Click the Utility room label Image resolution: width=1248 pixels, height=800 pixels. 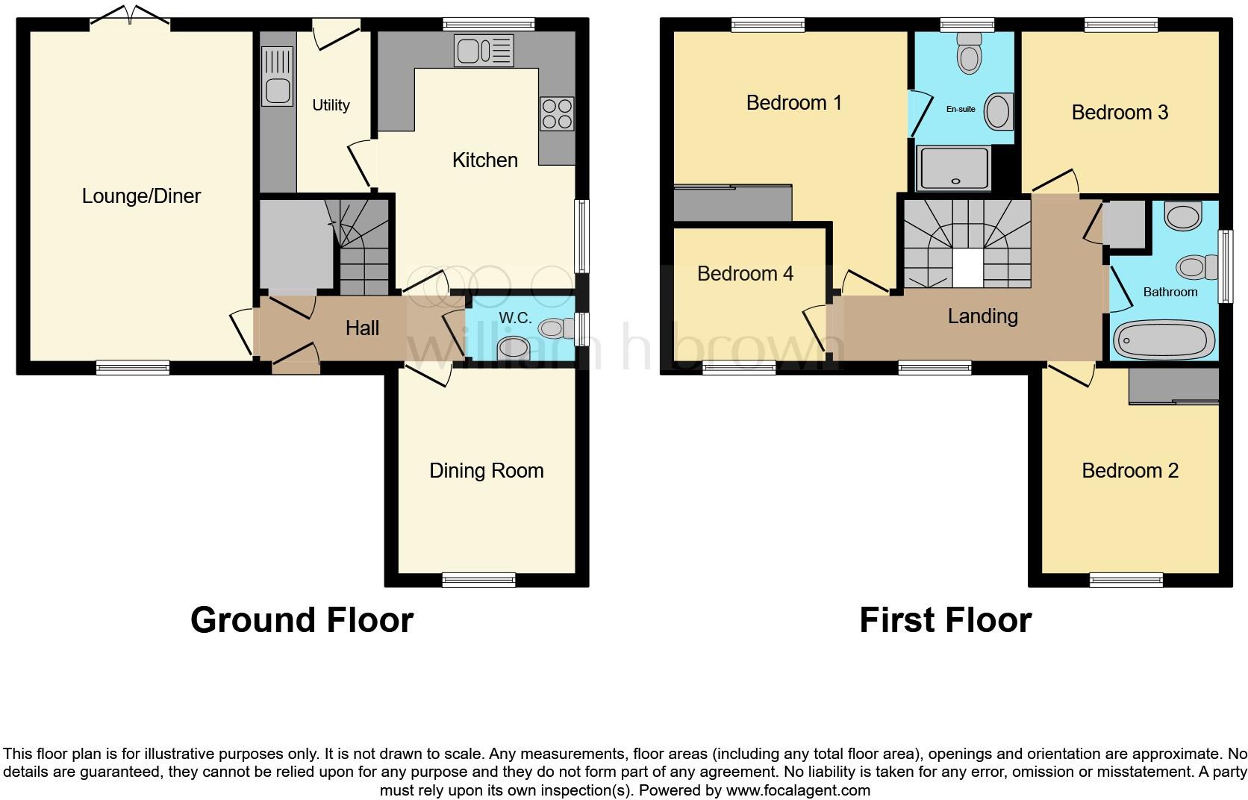pos(331,105)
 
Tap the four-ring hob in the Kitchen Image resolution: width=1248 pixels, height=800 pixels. pos(557,113)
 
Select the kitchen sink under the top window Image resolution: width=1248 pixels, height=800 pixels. pos(484,51)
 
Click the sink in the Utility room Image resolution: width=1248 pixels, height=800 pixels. pos(278,76)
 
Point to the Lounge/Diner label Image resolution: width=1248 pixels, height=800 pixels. pos(141,196)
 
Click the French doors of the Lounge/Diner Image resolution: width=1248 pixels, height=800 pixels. pos(130,16)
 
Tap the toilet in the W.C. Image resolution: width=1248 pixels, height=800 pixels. pos(555,328)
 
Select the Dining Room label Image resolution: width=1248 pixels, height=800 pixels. pos(487,471)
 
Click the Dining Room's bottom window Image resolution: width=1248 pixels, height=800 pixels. pos(478,580)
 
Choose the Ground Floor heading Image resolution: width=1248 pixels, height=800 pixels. pos(302,620)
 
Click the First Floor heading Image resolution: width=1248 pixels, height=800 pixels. pos(946,620)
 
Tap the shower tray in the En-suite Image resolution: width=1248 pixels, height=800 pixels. pos(954,168)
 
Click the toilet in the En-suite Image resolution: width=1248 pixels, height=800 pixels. pos(970,53)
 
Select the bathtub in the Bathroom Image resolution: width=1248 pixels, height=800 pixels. pos(1164,340)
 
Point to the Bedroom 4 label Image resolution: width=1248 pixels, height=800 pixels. pos(745,274)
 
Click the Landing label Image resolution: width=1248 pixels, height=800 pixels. pos(983,316)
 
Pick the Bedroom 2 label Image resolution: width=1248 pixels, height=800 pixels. pos(1130,471)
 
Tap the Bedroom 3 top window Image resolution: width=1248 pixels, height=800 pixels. pos(1121,25)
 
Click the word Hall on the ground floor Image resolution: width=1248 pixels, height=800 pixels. pos(362,328)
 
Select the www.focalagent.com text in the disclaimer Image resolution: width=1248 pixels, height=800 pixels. pos(798,790)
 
